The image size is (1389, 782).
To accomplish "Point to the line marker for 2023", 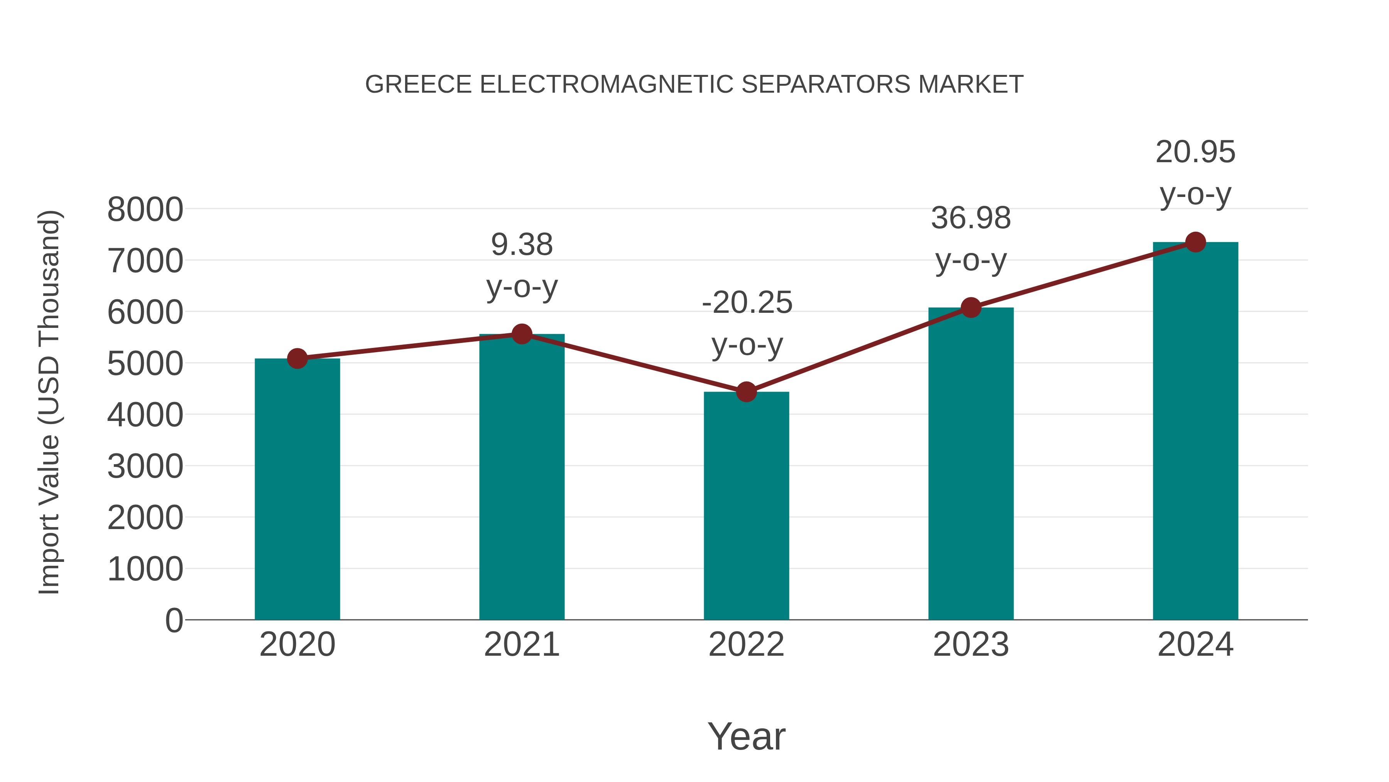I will [971, 308].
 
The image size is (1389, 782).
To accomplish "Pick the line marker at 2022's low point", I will [746, 392].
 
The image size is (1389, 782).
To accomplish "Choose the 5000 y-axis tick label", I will [145, 364].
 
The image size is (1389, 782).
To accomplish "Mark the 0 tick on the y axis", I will [174, 620].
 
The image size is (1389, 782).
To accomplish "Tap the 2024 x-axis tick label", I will [1195, 645].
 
